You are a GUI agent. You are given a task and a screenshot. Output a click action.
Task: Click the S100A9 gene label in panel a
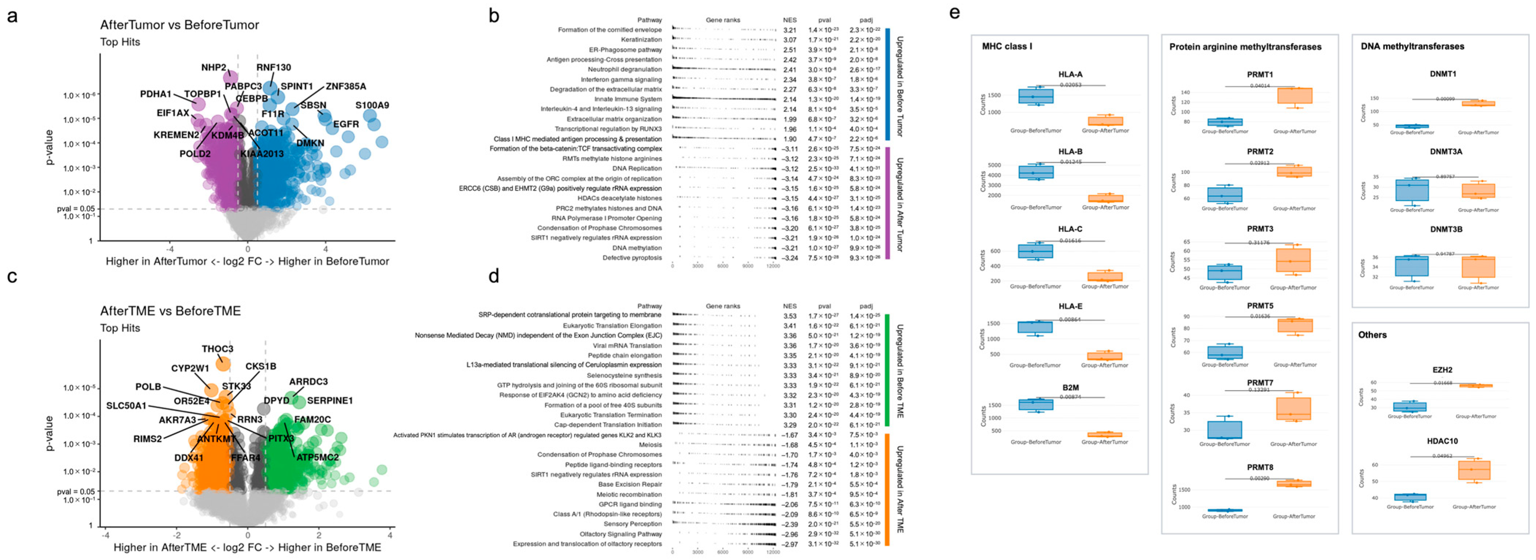pos(372,105)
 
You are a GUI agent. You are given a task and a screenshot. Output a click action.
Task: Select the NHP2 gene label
pos(213,67)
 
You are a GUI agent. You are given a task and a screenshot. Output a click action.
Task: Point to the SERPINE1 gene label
pos(330,401)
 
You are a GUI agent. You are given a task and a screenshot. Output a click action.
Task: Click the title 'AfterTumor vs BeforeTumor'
pos(179,25)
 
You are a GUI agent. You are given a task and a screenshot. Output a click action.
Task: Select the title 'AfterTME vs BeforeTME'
pos(171,311)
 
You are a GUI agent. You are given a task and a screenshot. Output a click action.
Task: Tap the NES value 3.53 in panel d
pos(790,316)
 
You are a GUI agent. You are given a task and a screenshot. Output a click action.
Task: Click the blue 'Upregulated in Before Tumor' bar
pos(887,84)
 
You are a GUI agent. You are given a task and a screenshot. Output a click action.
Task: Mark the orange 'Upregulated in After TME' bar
pos(887,489)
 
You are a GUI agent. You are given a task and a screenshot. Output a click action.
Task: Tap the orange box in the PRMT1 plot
pos(1295,96)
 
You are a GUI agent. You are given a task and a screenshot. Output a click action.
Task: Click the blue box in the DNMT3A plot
pos(1412,190)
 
